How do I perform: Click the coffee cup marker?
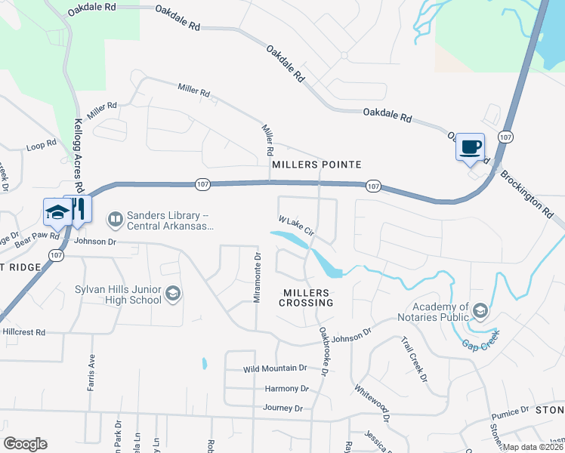[x=470, y=146]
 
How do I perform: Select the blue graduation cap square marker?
[x=57, y=212]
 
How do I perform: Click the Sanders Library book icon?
[x=115, y=219]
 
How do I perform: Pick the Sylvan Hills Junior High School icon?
[x=172, y=294]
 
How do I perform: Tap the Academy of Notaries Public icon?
[x=479, y=310]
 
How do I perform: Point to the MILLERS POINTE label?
[x=316, y=165]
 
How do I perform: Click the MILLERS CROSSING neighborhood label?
[x=307, y=297]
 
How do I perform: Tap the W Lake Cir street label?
[x=295, y=226]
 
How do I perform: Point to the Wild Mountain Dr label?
[x=275, y=369]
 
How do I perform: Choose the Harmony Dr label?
[x=287, y=389]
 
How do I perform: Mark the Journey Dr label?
[x=282, y=408]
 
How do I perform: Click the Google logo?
[x=25, y=444]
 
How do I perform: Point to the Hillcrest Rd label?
[x=24, y=332]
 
